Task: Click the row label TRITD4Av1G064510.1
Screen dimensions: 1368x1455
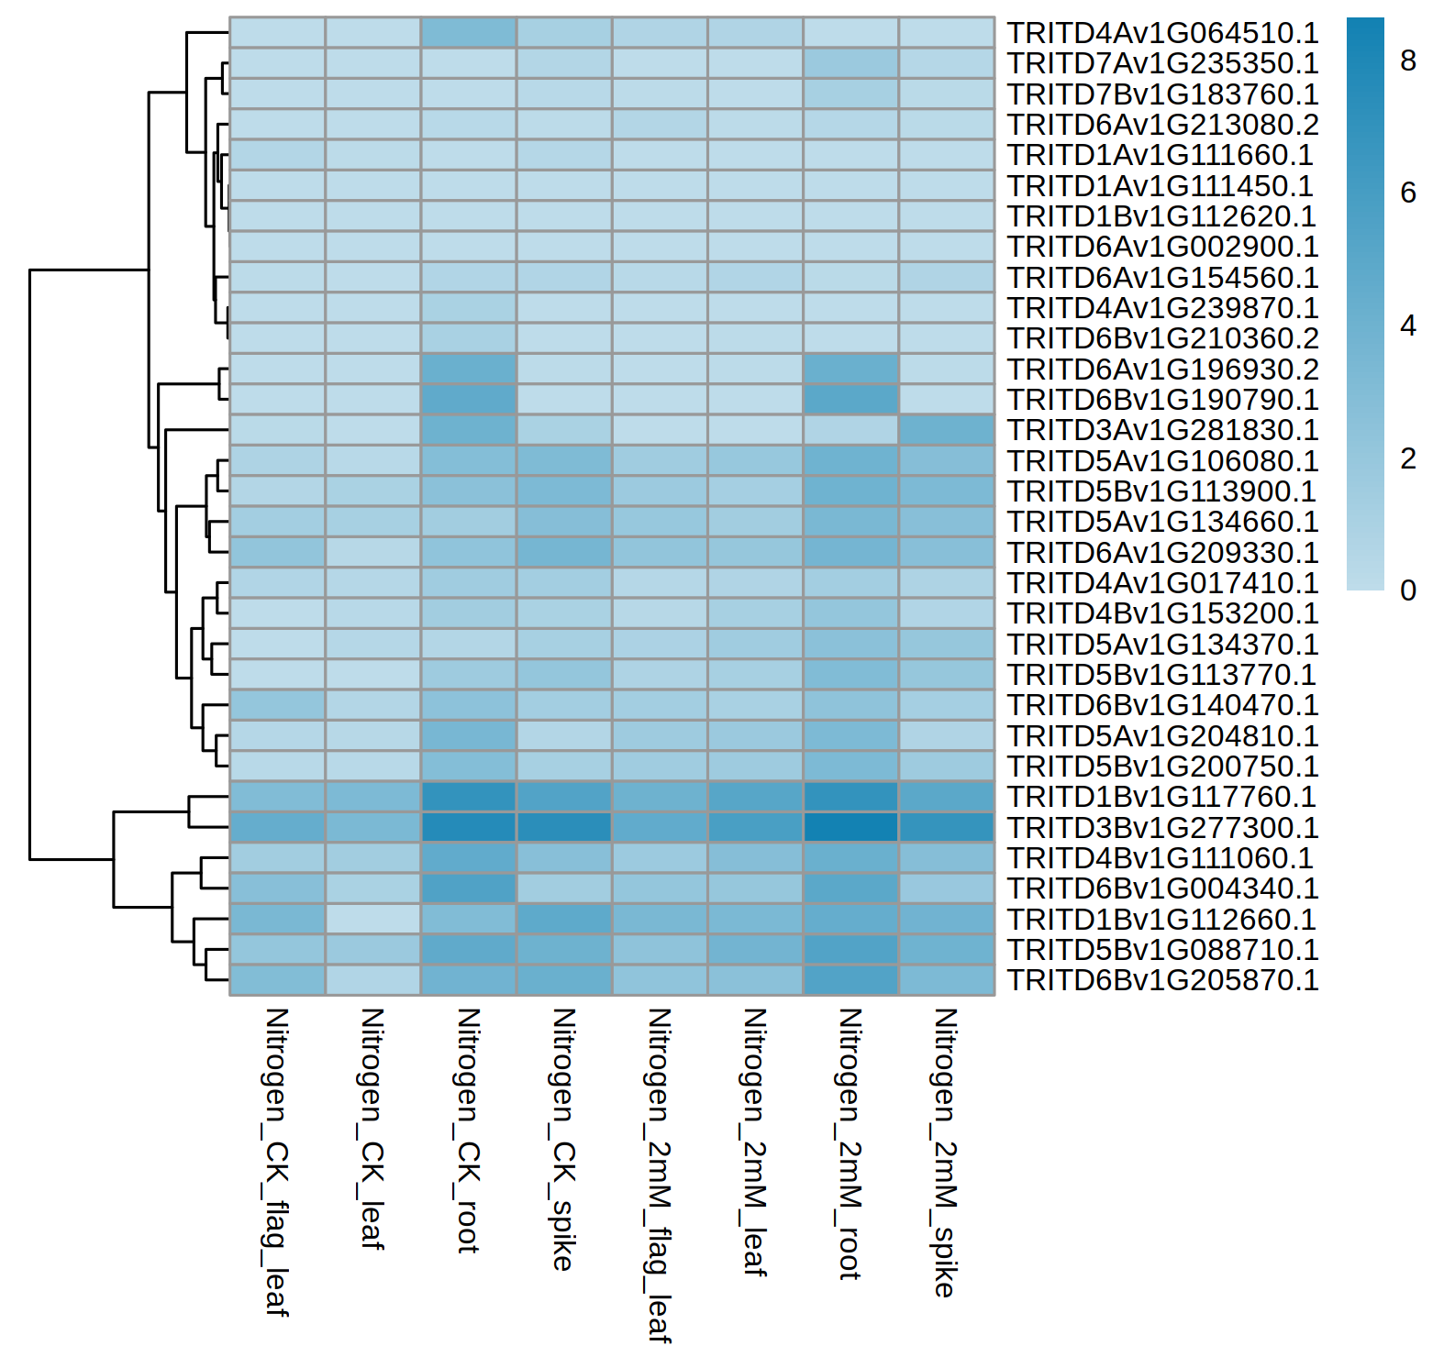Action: (1162, 33)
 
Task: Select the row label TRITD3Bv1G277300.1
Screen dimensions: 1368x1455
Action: (1162, 828)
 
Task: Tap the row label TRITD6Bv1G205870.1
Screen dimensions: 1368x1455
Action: (1162, 980)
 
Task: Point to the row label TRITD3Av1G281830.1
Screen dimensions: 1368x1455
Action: (1162, 430)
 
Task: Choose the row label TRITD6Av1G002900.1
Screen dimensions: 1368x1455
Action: (1162, 247)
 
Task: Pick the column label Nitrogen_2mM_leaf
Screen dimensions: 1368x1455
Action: (754, 1142)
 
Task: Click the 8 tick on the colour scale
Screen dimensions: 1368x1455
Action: (1408, 61)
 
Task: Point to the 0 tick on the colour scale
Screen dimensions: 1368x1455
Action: (1408, 590)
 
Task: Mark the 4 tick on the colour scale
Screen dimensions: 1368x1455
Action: (1408, 325)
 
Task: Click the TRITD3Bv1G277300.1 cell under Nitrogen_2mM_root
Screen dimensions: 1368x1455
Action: (850, 827)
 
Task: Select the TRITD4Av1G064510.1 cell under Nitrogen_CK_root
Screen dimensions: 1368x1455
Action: (468, 32)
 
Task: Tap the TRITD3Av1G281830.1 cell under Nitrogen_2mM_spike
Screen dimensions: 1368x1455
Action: (947, 430)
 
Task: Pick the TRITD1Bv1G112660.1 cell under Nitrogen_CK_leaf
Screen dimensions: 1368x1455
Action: (372, 919)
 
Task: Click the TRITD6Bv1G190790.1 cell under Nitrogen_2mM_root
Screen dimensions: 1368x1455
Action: (850, 399)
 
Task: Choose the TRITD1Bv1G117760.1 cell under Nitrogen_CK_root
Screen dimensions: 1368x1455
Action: (468, 797)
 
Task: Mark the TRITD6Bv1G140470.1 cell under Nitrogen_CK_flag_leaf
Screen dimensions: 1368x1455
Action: (277, 705)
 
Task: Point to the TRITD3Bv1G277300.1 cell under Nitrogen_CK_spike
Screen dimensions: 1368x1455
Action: (563, 827)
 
